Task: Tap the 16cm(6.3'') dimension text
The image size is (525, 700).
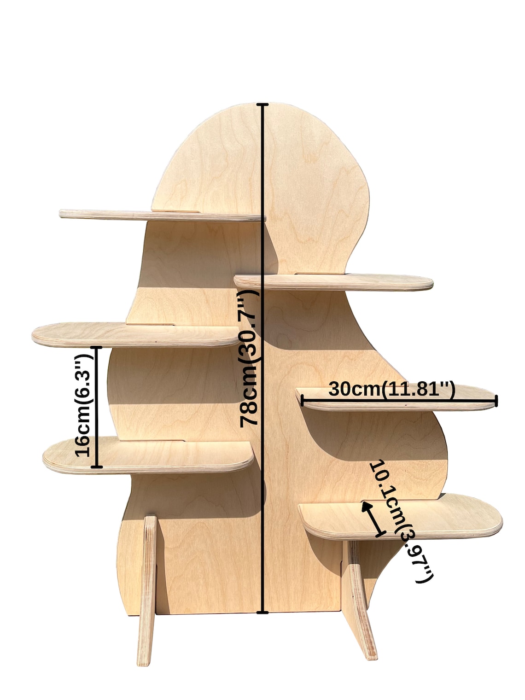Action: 83,406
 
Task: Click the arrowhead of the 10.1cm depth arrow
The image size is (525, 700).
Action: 367,506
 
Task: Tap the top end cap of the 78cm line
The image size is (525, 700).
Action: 262,104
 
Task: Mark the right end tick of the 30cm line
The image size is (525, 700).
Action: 496,401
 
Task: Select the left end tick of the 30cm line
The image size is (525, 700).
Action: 302,401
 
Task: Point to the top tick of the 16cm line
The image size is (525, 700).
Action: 97,348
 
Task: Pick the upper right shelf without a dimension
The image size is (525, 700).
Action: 333,282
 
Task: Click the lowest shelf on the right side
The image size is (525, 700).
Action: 400,520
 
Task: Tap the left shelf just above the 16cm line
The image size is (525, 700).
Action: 135,335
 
